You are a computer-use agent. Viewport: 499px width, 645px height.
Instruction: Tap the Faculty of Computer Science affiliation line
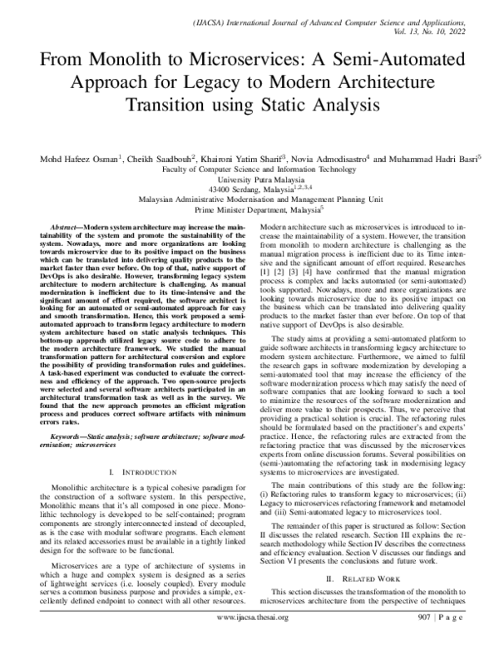pos(249,170)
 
